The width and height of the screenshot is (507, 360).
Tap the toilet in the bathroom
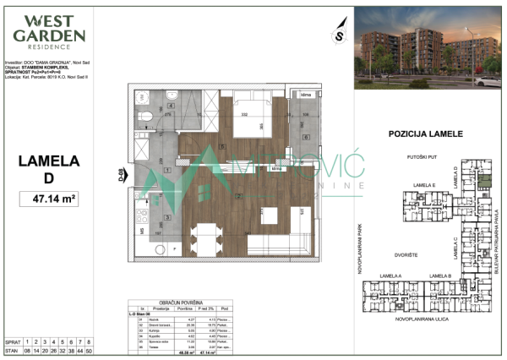point(146,117)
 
